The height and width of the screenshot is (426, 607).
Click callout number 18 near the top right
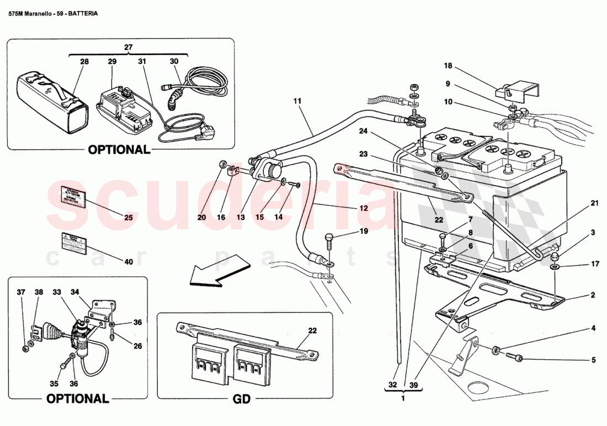(448, 66)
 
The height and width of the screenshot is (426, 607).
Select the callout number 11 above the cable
(297, 101)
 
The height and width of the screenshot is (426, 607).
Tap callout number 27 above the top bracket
(128, 48)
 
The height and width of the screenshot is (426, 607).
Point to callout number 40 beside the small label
(129, 262)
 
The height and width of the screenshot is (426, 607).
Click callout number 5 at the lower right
(593, 360)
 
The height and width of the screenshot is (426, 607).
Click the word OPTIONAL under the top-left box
(118, 149)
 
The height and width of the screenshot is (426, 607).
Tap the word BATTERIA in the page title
(83, 14)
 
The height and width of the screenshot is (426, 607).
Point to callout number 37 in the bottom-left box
(21, 292)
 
